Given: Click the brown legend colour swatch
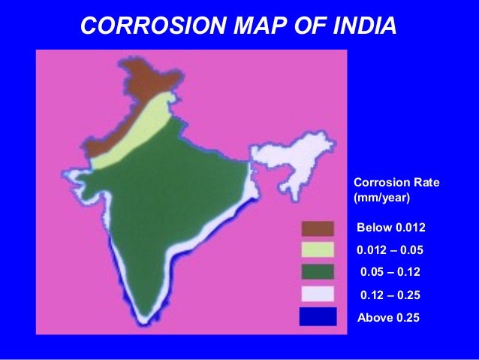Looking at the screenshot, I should [318, 228].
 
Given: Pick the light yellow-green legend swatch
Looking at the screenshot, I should [318, 250].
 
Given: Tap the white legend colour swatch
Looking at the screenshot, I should [318, 294].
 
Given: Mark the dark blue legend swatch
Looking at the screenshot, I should [318, 316].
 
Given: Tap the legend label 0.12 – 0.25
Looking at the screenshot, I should [390, 295].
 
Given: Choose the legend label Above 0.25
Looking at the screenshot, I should [387, 318].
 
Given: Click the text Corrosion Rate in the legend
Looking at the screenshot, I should [396, 183].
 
